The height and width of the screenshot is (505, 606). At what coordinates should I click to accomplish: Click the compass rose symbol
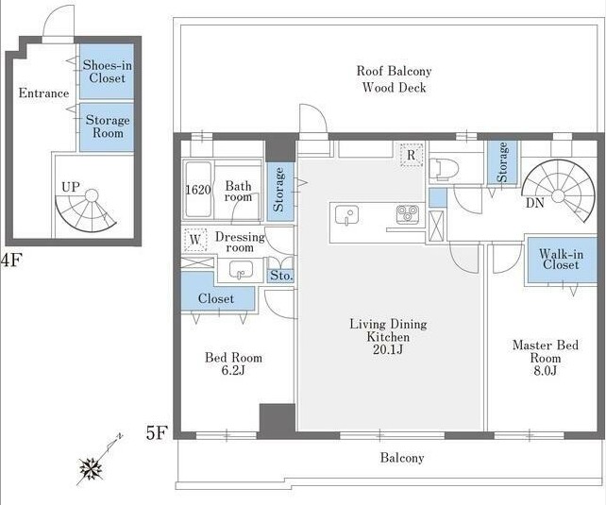[x=92, y=469]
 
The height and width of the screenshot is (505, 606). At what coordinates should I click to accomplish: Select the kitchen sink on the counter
[x=346, y=215]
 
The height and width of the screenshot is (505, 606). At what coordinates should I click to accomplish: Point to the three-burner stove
[x=408, y=214]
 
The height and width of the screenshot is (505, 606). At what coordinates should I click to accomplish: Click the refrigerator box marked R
[x=412, y=155]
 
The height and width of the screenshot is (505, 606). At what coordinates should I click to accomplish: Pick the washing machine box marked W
[x=195, y=240]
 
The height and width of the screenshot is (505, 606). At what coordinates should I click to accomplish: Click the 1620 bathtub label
[x=198, y=190]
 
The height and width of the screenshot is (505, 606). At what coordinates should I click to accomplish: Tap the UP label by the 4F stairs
[x=71, y=187]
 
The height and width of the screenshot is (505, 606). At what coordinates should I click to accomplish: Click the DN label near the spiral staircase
[x=535, y=202]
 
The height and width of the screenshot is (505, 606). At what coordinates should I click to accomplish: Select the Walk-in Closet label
[x=562, y=260]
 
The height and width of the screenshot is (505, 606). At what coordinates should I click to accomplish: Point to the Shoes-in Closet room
[x=107, y=72]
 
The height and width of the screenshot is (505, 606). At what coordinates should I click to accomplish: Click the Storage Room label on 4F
[x=108, y=126]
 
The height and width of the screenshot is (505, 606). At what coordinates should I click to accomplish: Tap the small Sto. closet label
[x=281, y=276]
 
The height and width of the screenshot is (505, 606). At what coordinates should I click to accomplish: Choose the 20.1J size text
[x=388, y=349]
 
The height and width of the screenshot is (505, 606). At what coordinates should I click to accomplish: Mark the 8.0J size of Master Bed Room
[x=546, y=371]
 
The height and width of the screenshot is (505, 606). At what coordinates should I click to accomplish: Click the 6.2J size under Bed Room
[x=233, y=370]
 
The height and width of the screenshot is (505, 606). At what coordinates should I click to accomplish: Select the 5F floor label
[x=156, y=432]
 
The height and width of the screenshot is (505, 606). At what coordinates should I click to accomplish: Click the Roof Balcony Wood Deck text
[x=394, y=79]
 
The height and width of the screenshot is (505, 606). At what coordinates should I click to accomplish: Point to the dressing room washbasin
[x=241, y=269]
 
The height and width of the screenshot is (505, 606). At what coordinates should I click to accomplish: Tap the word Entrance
[x=43, y=93]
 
